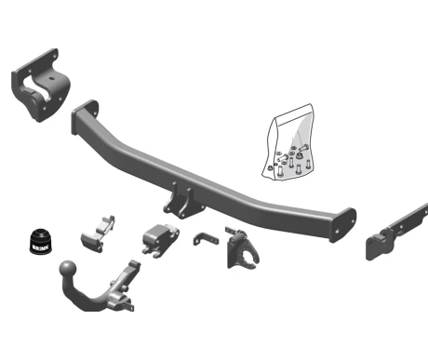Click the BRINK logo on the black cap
point(41,247)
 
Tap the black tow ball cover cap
point(41,241)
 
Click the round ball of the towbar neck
point(68,269)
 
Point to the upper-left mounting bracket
point(40,85)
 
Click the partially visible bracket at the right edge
point(397,233)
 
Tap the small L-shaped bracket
point(206,239)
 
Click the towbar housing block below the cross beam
point(161,239)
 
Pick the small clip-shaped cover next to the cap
point(98,234)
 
